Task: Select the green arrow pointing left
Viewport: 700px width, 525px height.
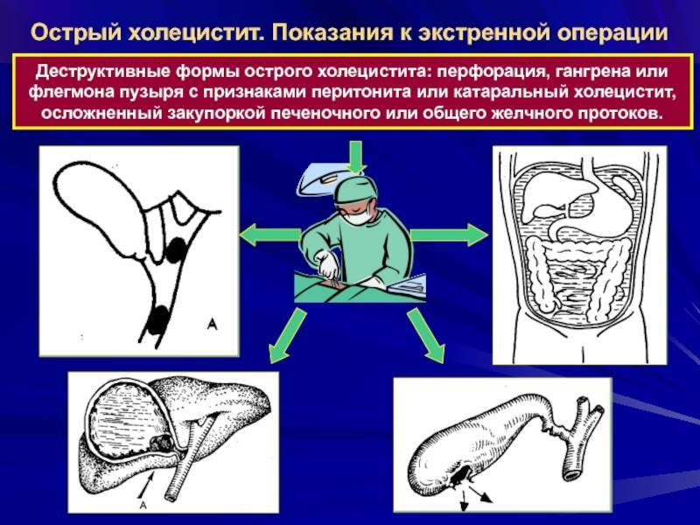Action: pyautogui.click(x=267, y=234)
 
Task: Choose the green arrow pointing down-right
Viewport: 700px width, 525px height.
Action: pyautogui.click(x=424, y=337)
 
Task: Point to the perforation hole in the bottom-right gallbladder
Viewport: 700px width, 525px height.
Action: pyautogui.click(x=460, y=477)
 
